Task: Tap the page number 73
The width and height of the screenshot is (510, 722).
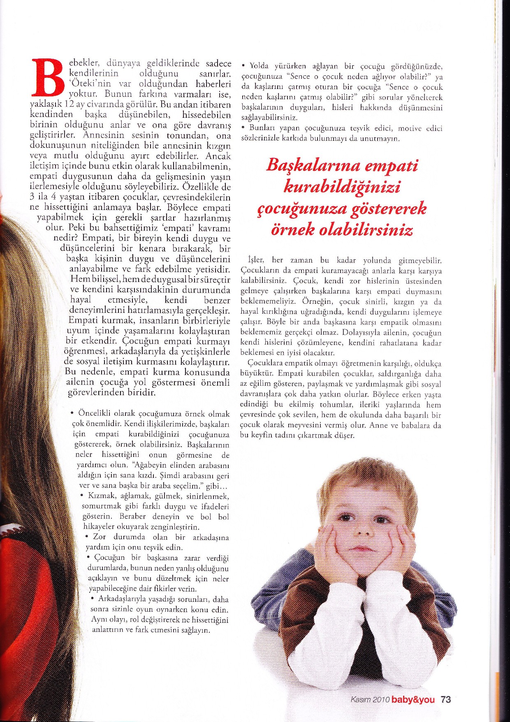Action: (x=446, y=699)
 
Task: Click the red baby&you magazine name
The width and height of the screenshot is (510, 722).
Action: (x=413, y=699)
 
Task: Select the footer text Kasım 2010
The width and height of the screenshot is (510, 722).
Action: (x=370, y=700)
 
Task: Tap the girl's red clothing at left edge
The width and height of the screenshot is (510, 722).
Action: (x=16, y=576)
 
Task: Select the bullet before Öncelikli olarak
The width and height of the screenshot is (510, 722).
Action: (x=72, y=414)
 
